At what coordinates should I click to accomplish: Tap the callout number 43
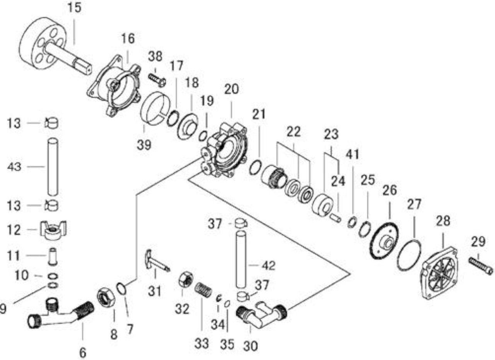(14, 167)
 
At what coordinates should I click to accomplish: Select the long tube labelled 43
(53, 167)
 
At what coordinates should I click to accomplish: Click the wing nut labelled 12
(53, 230)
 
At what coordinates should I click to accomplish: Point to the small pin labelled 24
(335, 218)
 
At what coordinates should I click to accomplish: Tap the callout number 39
(144, 145)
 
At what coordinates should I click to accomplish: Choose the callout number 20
(232, 89)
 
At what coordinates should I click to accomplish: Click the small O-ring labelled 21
(256, 168)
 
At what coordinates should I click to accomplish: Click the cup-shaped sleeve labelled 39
(156, 108)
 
